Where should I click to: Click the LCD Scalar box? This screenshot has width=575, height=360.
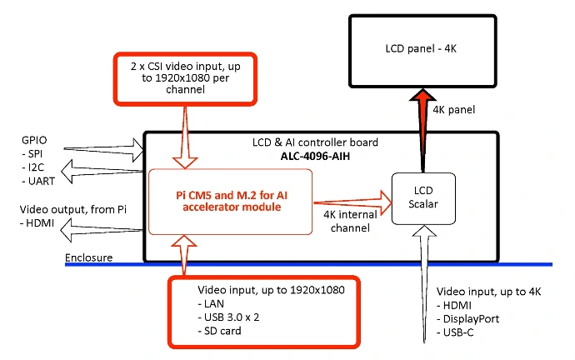coord(425,198)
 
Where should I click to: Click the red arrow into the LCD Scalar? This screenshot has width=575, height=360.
coord(351,199)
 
